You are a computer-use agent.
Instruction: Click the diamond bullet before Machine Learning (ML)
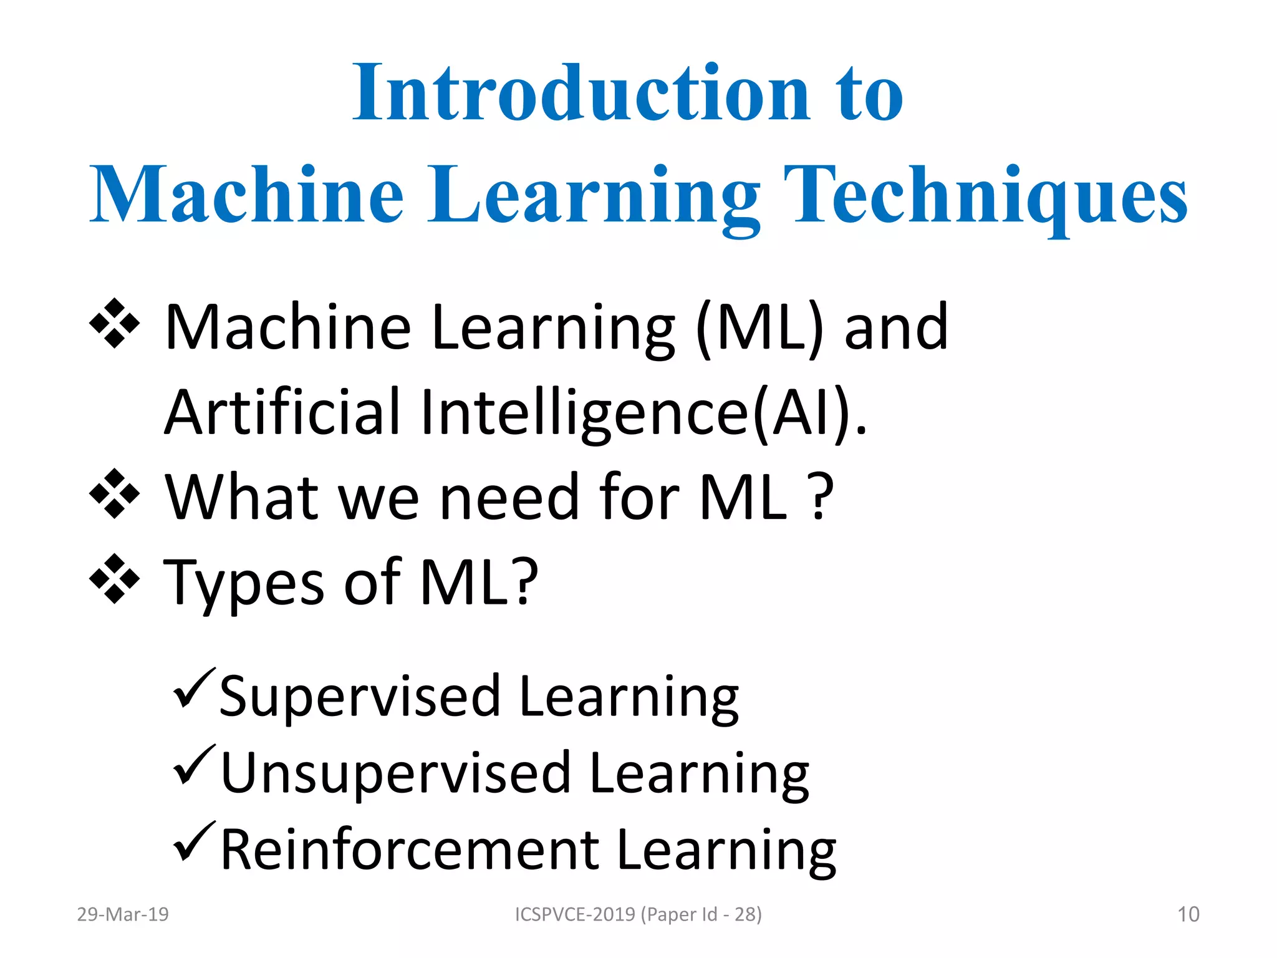pyautogui.click(x=115, y=323)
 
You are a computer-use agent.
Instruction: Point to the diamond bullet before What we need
pyautogui.click(x=115, y=493)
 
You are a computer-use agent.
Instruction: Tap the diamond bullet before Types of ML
pyautogui.click(x=115, y=579)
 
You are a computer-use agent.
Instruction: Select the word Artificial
pyautogui.click(x=282, y=413)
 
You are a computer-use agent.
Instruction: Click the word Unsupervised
pyautogui.click(x=395, y=774)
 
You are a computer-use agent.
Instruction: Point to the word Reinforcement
pyautogui.click(x=410, y=850)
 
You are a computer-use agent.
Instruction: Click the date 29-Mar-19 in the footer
pyautogui.click(x=123, y=914)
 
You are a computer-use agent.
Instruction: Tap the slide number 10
pyautogui.click(x=1188, y=914)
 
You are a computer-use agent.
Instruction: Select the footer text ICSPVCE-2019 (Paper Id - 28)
pyautogui.click(x=638, y=914)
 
